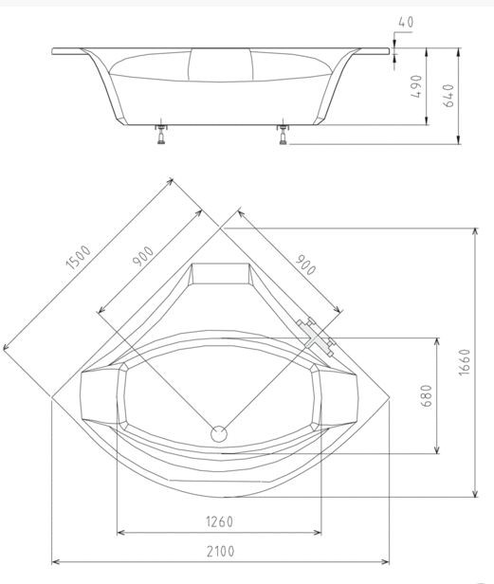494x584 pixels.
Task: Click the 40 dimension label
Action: coord(406,23)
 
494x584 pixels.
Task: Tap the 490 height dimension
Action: coord(417,86)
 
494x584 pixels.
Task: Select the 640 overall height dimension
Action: coord(448,96)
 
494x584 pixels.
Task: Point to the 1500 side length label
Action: coord(79,257)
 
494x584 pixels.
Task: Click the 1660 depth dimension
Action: coord(465,362)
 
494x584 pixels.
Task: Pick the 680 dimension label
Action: coord(427,395)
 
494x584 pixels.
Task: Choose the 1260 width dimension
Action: coord(219,521)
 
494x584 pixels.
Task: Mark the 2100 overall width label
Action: coord(221,551)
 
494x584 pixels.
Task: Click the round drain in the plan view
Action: coord(219,433)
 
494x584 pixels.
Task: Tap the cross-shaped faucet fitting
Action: coord(317,338)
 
